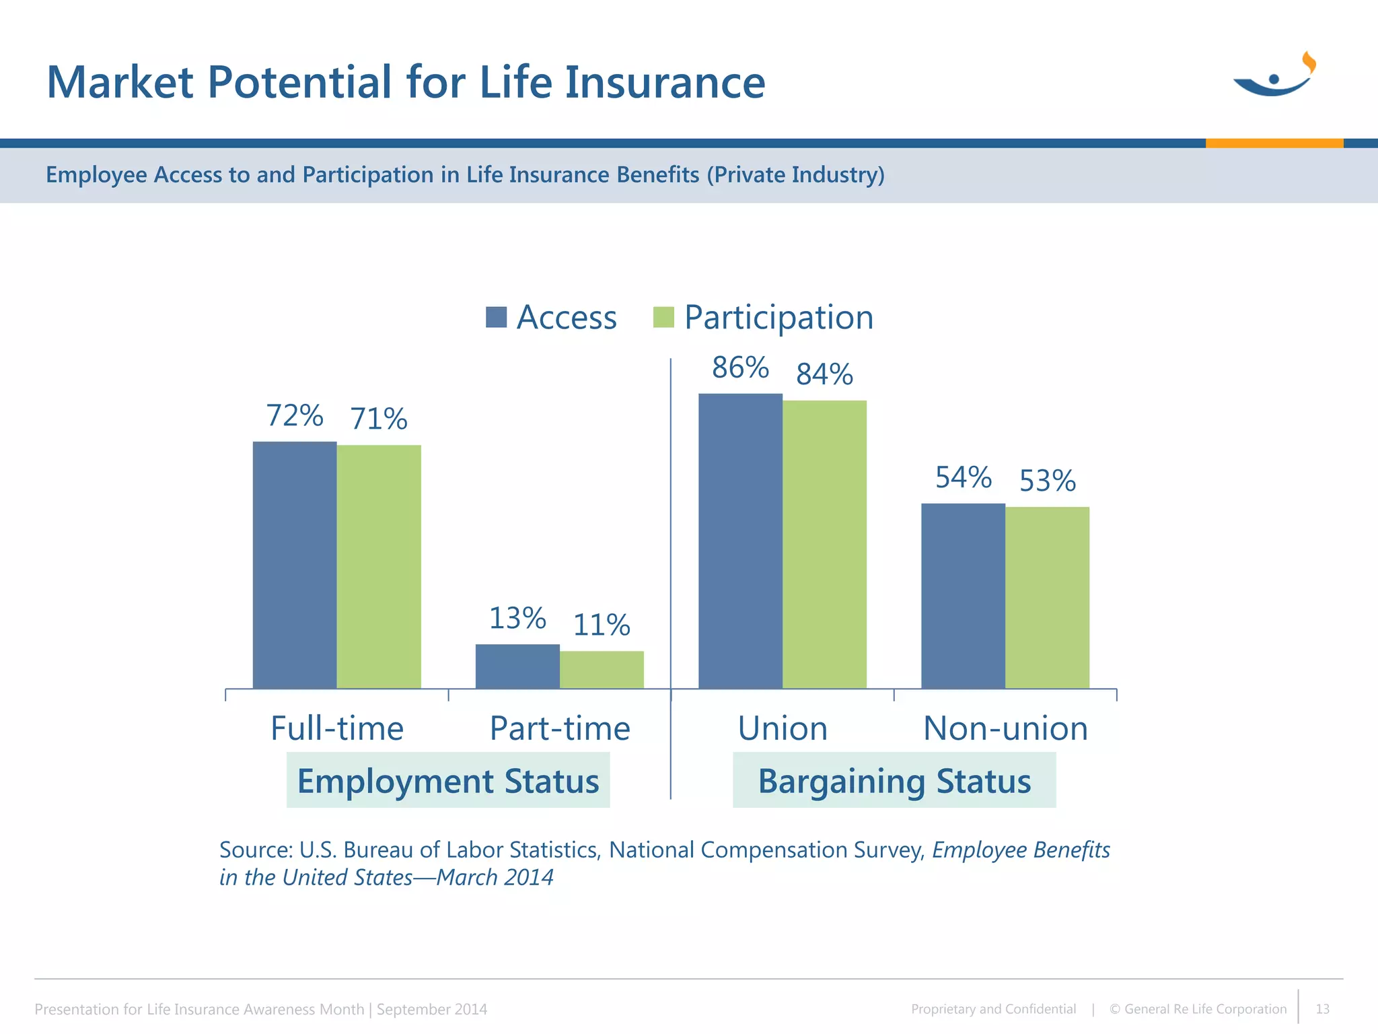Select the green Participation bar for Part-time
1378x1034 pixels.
coord(602,669)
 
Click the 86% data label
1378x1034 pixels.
coord(740,368)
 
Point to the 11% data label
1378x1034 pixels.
coord(602,625)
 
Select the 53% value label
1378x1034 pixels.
coord(1047,481)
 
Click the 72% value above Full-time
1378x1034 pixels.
coord(295,415)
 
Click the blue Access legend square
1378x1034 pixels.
coord(496,317)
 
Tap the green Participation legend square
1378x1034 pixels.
coord(663,317)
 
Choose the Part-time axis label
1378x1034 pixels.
coord(559,728)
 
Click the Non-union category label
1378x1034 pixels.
coord(1005,728)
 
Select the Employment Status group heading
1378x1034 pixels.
coord(448,781)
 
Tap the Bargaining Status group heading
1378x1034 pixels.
coord(894,781)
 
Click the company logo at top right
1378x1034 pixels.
coord(1274,75)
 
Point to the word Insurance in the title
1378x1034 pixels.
coord(665,82)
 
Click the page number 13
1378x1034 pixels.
coord(1322,1009)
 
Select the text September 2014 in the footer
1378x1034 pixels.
coord(432,1009)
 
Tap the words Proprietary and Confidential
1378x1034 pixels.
coord(993,1009)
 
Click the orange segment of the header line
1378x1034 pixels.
coord(1274,143)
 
